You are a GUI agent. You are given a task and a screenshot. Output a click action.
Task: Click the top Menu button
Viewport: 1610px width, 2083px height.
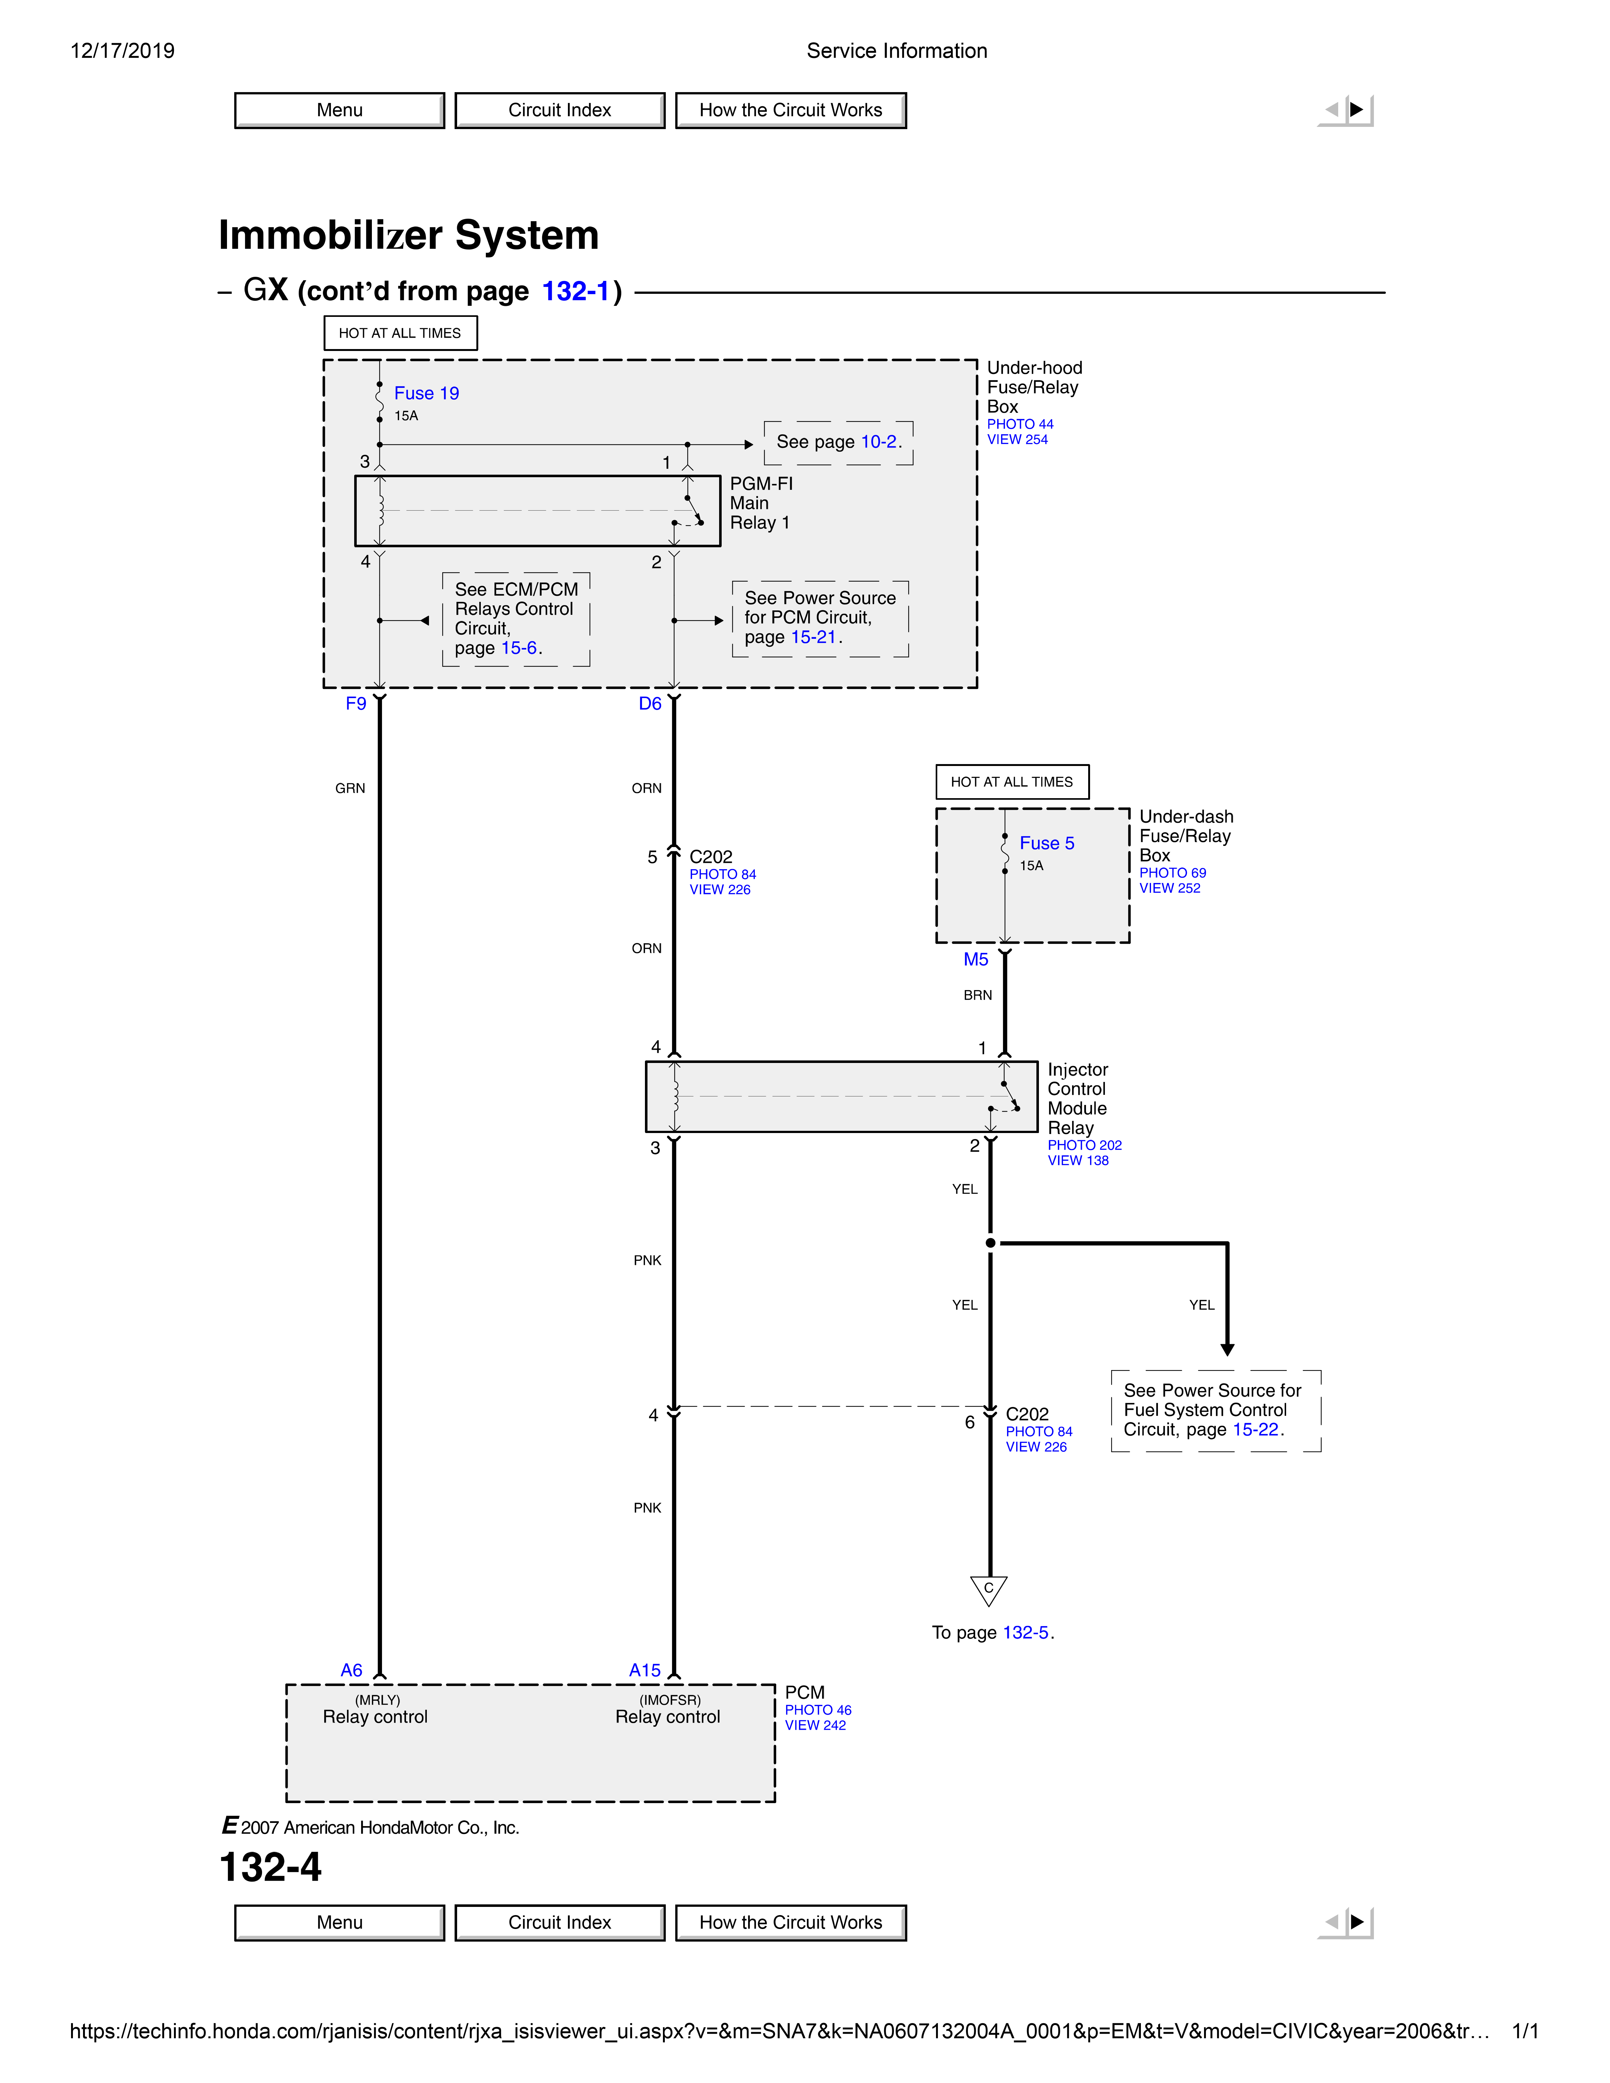pos(340,110)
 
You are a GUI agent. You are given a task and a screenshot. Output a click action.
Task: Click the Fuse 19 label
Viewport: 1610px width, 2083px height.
pos(426,393)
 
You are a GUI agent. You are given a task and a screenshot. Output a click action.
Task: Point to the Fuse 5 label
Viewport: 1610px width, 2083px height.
pos(1046,843)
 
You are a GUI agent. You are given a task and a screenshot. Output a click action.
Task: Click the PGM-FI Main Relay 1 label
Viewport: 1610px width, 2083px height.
pos(761,503)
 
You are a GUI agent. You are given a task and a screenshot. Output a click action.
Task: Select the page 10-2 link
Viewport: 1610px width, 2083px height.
pos(879,442)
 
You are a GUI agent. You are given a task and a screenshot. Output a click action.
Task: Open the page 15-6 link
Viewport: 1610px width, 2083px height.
pos(519,648)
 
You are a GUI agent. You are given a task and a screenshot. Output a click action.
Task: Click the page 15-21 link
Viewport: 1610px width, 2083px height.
pos(813,637)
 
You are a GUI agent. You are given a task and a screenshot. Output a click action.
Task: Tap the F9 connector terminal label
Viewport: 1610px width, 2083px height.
pos(356,704)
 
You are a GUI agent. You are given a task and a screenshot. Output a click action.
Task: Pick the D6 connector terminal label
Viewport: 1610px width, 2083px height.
pos(650,704)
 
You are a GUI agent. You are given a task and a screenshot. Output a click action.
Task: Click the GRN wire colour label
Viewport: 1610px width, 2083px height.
pos(350,788)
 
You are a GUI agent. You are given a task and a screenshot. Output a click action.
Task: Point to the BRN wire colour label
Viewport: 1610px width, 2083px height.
pos(978,995)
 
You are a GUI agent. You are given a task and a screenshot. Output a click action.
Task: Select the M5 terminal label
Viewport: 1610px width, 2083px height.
pos(976,959)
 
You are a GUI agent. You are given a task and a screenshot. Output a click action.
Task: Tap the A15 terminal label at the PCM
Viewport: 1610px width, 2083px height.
pos(645,1670)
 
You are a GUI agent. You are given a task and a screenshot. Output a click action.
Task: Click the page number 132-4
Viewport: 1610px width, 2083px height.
pos(271,1866)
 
